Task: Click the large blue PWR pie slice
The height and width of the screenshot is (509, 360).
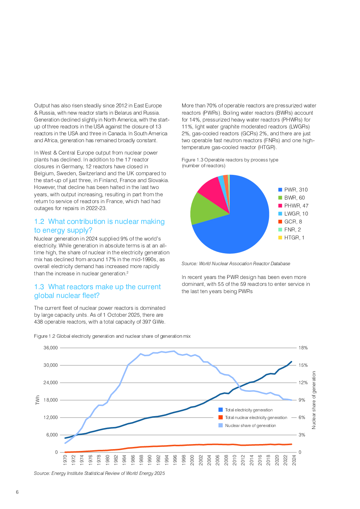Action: (240, 225)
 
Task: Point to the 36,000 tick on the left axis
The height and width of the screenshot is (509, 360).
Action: (51, 348)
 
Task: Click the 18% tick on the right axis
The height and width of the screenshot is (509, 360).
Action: (303, 348)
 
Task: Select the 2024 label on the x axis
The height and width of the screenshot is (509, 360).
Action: (294, 460)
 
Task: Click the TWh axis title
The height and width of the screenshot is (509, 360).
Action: (37, 400)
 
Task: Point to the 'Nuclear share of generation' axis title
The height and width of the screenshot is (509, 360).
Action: (314, 400)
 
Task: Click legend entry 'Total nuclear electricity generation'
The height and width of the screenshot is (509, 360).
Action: (256, 418)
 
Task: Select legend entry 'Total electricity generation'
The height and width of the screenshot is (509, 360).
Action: (249, 410)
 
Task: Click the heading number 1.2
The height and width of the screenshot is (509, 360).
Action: (39, 222)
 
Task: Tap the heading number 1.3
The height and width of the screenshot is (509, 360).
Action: (39, 287)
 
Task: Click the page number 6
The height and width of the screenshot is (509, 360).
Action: (17, 492)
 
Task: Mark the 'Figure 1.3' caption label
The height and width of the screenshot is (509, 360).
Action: (192, 160)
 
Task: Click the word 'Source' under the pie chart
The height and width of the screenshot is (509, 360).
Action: (189, 264)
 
